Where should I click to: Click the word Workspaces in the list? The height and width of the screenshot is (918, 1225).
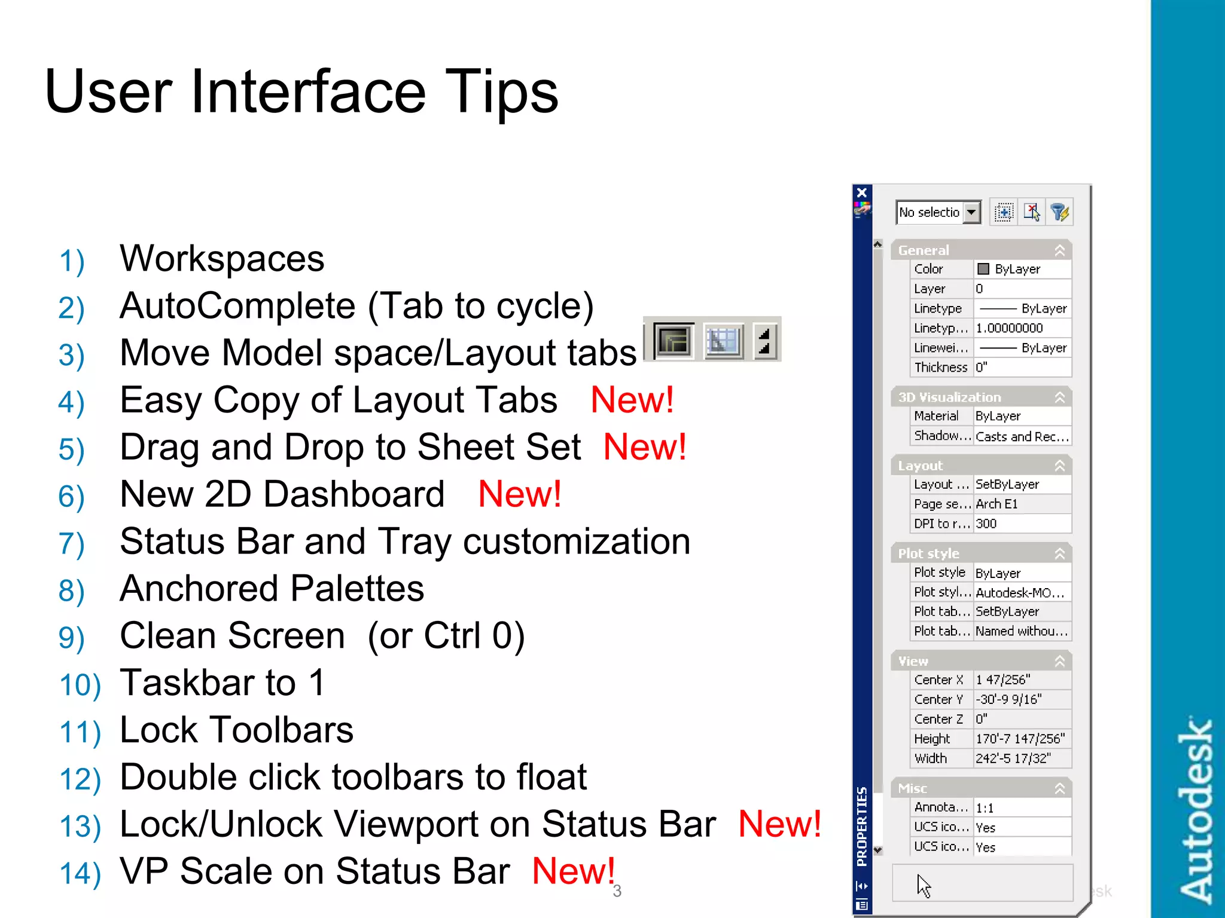pyautogui.click(x=222, y=259)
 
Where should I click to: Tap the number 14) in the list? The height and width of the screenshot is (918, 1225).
pyautogui.click(x=80, y=873)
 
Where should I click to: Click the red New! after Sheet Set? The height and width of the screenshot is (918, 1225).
pyautogui.click(x=645, y=447)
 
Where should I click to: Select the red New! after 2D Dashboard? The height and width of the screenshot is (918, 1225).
pyautogui.click(x=520, y=494)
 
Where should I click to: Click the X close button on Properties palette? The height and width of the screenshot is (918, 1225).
pyautogui.click(x=862, y=192)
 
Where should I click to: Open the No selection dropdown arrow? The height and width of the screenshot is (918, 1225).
pyautogui.click(x=972, y=212)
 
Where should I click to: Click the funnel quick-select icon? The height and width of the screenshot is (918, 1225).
pyautogui.click(x=1060, y=212)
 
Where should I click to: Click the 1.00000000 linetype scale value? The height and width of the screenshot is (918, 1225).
pyautogui.click(x=1009, y=328)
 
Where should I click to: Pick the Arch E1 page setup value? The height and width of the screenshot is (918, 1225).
pyautogui.click(x=997, y=504)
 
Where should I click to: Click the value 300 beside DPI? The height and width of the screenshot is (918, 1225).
pyautogui.click(x=986, y=524)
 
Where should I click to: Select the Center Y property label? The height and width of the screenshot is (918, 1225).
pyautogui.click(x=938, y=699)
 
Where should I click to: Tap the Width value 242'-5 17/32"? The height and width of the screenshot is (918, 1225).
pyautogui.click(x=1013, y=758)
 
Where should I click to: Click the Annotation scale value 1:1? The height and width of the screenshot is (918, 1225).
pyautogui.click(x=985, y=808)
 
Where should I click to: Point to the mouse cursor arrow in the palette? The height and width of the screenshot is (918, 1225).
pyautogui.click(x=923, y=885)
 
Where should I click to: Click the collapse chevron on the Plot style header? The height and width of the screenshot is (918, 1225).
pyautogui.click(x=1060, y=553)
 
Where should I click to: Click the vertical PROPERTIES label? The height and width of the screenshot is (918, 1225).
pyautogui.click(x=862, y=827)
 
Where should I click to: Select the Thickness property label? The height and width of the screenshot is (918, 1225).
pyautogui.click(x=940, y=368)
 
